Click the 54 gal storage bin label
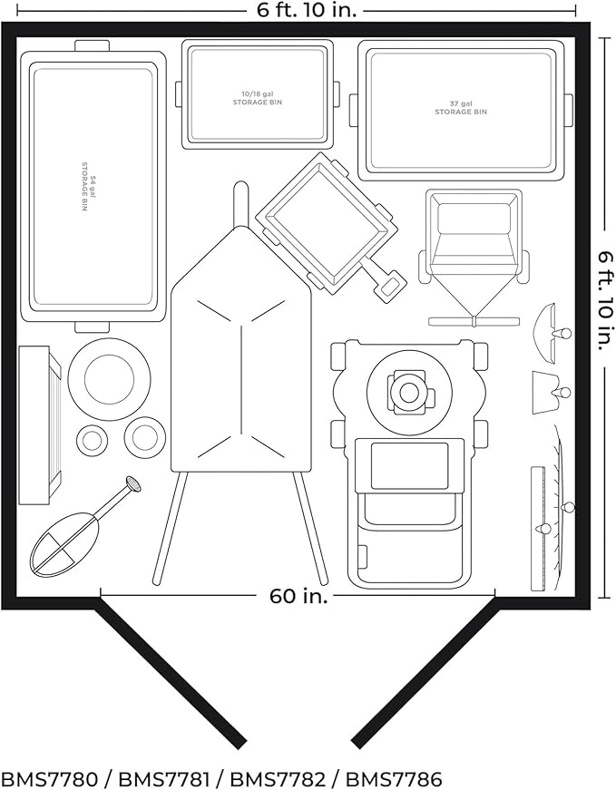88,187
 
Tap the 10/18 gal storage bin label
257,98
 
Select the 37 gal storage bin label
461,108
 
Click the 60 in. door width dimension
298,597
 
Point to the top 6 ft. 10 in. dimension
307,11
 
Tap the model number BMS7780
49,779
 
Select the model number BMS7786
395,779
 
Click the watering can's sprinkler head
133,484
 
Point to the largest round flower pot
110,378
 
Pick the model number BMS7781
163,779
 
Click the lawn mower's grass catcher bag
409,538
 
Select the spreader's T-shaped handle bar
474,321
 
